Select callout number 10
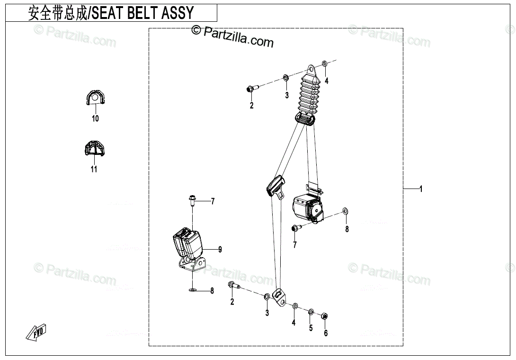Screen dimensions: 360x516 click(x=95, y=118)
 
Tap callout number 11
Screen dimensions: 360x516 click(x=94, y=169)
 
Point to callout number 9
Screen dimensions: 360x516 click(x=220, y=249)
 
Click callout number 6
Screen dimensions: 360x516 click(x=326, y=333)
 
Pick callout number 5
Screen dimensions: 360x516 click(x=311, y=328)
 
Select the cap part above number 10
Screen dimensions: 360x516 click(x=95, y=98)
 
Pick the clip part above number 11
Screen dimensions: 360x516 click(x=94, y=149)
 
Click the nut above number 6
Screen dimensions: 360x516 click(x=325, y=316)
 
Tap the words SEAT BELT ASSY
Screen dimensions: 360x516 click(x=142, y=13)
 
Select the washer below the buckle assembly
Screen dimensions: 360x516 click(x=193, y=290)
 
